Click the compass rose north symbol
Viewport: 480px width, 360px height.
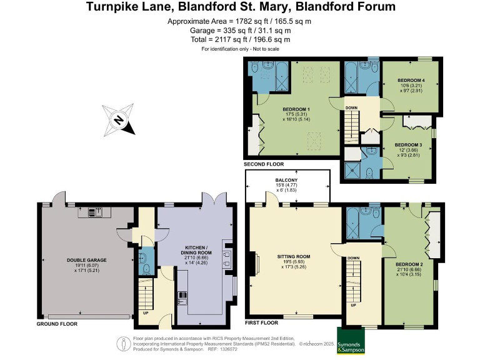pyautogui.click(x=119, y=119)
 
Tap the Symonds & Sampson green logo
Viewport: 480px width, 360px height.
pyautogui.click(x=351, y=341)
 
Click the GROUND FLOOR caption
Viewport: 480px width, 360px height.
pyautogui.click(x=57, y=324)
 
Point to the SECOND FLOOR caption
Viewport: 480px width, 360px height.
pyautogui.click(x=264, y=164)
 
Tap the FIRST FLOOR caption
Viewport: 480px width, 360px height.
pyautogui.click(x=261, y=322)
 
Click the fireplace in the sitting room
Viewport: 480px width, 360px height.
pyautogui.click(x=256, y=263)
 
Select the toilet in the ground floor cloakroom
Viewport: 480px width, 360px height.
pyautogui.click(x=146, y=269)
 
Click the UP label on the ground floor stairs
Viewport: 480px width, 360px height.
pyautogui.click(x=146, y=313)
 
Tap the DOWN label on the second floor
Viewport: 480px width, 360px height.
pyautogui.click(x=351, y=107)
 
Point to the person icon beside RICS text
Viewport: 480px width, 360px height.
pyautogui.click(x=124, y=344)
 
